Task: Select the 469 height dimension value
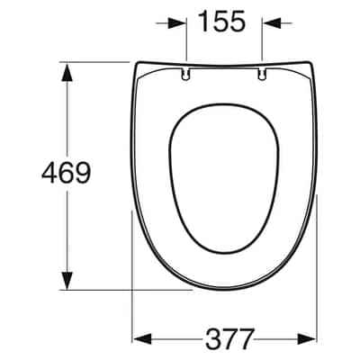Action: click(66, 172)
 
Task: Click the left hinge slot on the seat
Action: click(185, 74)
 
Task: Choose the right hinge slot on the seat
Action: click(262, 74)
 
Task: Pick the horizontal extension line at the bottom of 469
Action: click(126, 290)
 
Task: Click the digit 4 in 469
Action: click(49, 172)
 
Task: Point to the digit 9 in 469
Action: click(83, 172)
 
